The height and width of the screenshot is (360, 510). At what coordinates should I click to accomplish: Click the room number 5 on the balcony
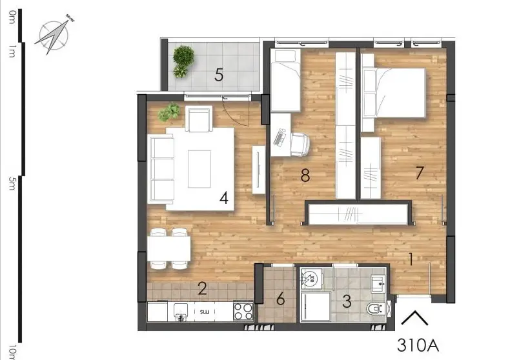[x=219, y=75]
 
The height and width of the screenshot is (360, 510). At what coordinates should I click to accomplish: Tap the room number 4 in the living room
[x=224, y=198]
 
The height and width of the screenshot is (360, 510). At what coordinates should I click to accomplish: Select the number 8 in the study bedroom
[x=305, y=175]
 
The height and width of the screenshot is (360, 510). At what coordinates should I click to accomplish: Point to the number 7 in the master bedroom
[x=420, y=172]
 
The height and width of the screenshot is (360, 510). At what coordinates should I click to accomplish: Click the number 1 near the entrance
[x=411, y=259]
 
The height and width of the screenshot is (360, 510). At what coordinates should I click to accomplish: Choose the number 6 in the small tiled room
[x=280, y=299]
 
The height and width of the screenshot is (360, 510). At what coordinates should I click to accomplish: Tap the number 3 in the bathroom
[x=347, y=300]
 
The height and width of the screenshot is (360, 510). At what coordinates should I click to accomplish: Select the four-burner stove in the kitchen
[x=243, y=312]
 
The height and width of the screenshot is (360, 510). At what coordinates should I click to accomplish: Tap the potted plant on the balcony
[x=183, y=61]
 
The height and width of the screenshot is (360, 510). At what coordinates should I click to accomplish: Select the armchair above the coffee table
[x=199, y=118]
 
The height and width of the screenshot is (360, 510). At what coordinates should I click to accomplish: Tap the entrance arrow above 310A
[x=415, y=319]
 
